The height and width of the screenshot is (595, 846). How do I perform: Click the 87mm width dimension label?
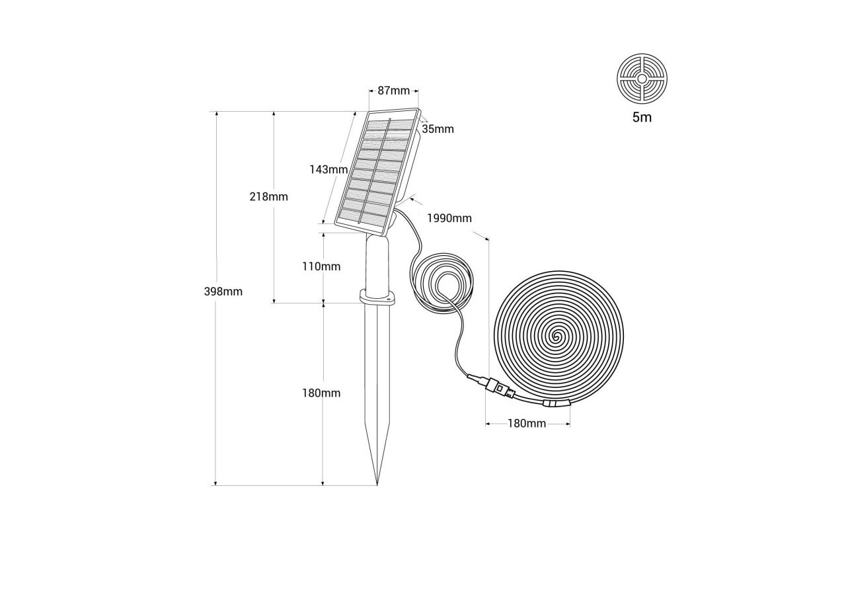(x=393, y=91)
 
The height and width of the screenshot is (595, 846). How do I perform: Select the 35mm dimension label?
(x=438, y=129)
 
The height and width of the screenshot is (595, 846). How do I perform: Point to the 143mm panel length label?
(x=328, y=169)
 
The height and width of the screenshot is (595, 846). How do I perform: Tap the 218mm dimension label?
(x=268, y=196)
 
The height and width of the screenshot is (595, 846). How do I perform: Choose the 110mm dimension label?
(x=321, y=266)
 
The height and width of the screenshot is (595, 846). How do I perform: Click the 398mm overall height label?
(x=223, y=292)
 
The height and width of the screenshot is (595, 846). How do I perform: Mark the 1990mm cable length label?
(x=449, y=218)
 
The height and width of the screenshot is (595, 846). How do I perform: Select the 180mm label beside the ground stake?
(x=321, y=393)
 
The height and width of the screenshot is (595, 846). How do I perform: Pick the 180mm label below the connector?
(x=527, y=423)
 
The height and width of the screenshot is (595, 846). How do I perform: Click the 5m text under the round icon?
(x=642, y=118)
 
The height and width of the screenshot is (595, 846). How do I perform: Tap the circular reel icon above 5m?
(x=642, y=78)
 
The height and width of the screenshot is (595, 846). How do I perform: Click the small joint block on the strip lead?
(x=553, y=404)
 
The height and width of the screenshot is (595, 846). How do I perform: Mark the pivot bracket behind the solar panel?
(x=394, y=218)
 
